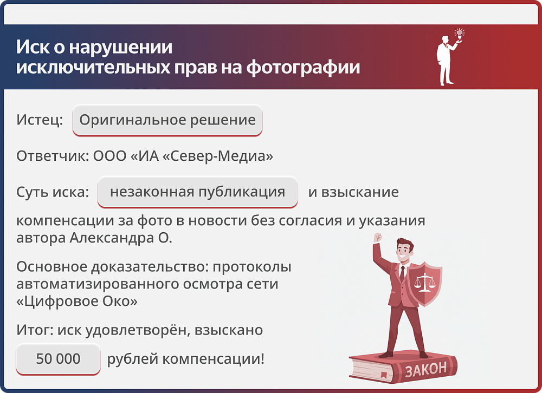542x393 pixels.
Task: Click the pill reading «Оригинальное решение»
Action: pyautogui.click(x=167, y=120)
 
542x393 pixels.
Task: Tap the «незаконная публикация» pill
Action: pyautogui.click(x=197, y=192)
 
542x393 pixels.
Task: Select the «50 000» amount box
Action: pyautogui.click(x=58, y=358)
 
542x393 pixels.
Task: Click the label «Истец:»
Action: pyautogui.click(x=40, y=120)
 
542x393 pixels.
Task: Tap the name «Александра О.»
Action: pyautogui.click(x=120, y=238)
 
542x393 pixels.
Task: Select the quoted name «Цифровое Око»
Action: pyautogui.click(x=76, y=301)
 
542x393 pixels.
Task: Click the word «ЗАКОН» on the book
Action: pyautogui.click(x=426, y=369)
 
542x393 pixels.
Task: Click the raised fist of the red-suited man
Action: pyautogui.click(x=377, y=238)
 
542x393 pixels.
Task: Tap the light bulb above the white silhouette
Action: pyautogui.click(x=460, y=33)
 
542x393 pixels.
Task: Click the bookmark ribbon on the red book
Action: pyautogui.click(x=383, y=374)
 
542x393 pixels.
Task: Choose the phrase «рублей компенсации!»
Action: pyautogui.click(x=186, y=358)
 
